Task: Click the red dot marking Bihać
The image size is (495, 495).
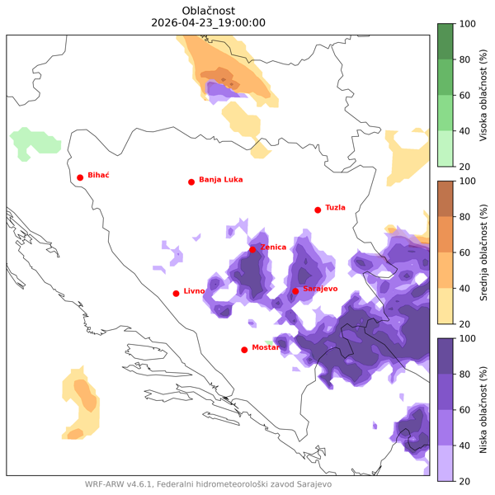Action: (x=80, y=177)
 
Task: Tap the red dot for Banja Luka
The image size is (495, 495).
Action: (x=191, y=181)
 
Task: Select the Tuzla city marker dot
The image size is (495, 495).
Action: (x=318, y=210)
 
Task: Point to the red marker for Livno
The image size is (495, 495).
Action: (x=176, y=293)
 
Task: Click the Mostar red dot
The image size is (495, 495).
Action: (x=244, y=350)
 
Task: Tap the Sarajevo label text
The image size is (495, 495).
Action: (x=320, y=290)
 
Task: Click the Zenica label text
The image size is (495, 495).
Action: (x=273, y=247)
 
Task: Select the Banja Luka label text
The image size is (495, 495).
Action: (x=220, y=179)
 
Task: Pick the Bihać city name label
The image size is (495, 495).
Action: (x=99, y=175)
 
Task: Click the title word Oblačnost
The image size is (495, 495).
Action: (x=209, y=10)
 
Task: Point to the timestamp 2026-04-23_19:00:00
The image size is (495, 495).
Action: (x=209, y=23)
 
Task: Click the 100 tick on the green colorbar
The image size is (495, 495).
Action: (x=468, y=24)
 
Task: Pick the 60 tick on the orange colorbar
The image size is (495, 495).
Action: (x=468, y=252)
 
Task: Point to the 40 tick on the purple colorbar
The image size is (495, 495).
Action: (x=468, y=445)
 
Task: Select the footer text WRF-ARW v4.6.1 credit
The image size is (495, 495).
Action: (x=208, y=484)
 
